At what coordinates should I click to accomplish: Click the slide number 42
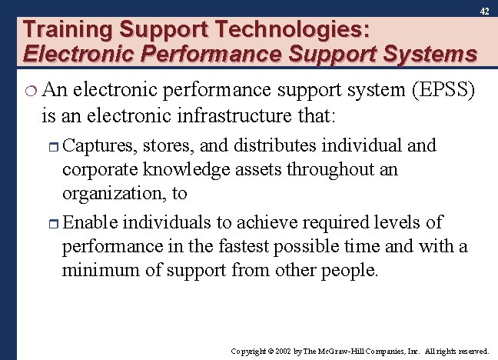click(484, 12)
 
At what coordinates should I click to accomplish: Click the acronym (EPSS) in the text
click(447, 91)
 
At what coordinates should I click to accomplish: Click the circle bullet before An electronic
click(30, 92)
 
